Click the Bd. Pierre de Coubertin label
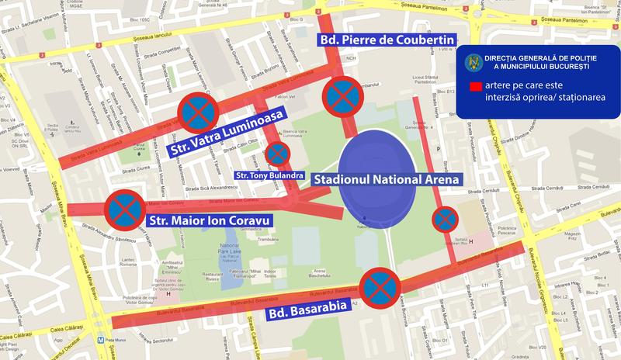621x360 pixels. (386, 40)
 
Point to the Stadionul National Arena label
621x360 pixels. (387, 179)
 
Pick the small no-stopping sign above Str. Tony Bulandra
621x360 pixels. (277, 153)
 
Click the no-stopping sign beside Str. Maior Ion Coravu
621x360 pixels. (125, 209)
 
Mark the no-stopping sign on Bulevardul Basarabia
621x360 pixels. (380, 287)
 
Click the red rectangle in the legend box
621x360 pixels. (470, 87)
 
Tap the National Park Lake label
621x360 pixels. (234, 252)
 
